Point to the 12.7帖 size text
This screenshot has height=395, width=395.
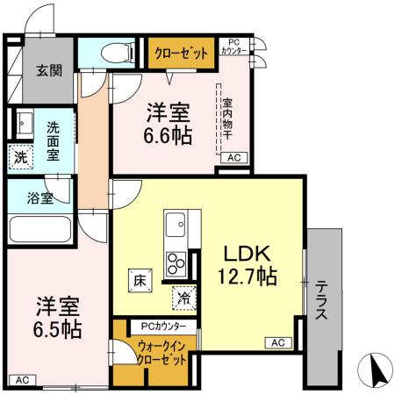point(247,277)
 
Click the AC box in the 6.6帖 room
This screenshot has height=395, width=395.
point(233,158)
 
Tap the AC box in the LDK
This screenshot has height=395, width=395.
point(277,342)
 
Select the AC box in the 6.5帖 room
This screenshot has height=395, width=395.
point(23,379)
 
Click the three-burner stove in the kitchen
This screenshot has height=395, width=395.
point(175,262)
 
